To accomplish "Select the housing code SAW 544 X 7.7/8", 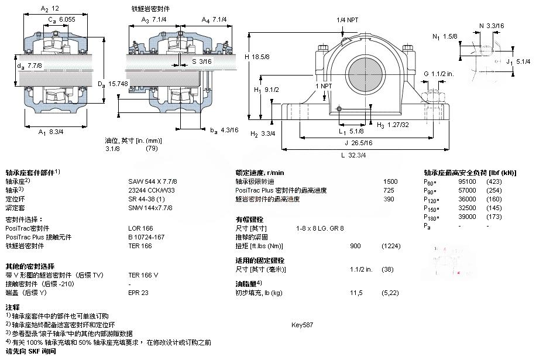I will click(152, 181).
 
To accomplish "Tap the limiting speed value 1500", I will click(390, 181).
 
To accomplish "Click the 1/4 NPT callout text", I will click(348, 20).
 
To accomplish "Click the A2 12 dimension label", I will click(50, 9).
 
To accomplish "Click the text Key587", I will click(302, 324).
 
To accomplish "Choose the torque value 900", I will click(355, 245).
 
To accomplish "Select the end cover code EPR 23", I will click(138, 292).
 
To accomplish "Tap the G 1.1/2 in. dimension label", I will click(439, 74).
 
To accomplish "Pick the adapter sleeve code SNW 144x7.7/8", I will click(150, 208).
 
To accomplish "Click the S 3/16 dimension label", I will click(202, 61).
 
